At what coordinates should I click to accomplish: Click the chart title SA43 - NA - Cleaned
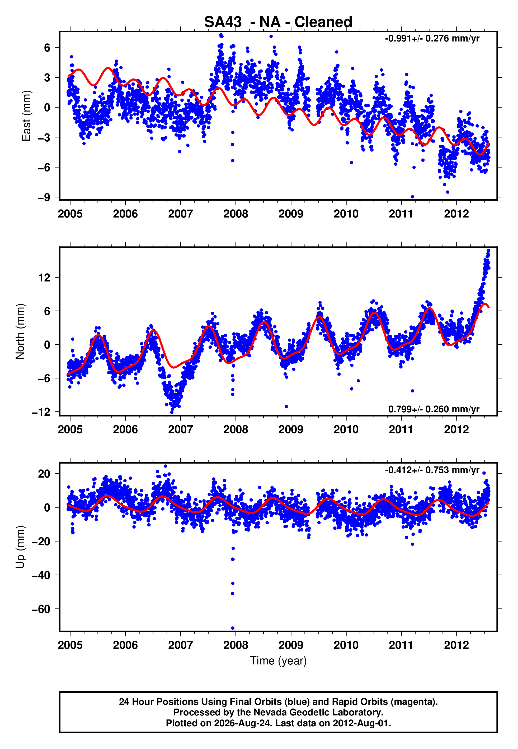(x=278, y=22)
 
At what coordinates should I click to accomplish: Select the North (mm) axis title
(x=20, y=331)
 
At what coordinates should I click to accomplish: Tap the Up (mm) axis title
(x=20, y=547)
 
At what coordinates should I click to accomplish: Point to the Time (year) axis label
(x=278, y=661)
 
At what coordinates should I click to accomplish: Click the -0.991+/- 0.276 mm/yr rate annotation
(x=432, y=38)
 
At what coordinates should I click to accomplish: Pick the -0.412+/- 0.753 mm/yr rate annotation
(x=432, y=470)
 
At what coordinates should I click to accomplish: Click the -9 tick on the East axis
(x=44, y=197)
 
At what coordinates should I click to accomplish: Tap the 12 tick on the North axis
(x=44, y=278)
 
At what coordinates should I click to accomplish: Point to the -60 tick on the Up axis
(x=41, y=609)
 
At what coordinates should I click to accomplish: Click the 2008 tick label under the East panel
(x=236, y=214)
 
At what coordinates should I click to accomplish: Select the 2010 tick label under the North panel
(x=346, y=429)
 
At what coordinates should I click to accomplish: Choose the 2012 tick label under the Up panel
(x=456, y=645)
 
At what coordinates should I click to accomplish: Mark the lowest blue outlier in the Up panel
(x=233, y=628)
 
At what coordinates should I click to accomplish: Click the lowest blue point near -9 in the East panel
(x=412, y=197)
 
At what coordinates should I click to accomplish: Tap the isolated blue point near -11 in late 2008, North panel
(x=286, y=406)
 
